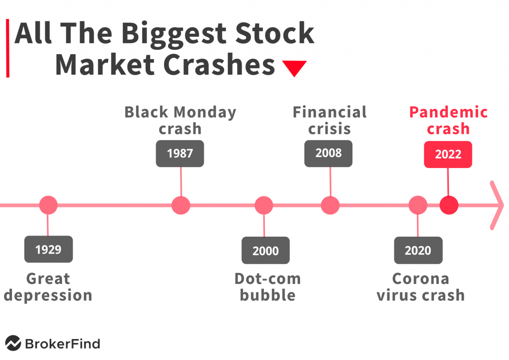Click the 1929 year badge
click(48, 249)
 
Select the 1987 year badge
click(180, 154)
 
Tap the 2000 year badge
click(265, 250)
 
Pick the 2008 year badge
click(328, 154)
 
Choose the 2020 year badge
click(418, 250)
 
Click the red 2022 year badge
click(448, 155)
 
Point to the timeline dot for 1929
click(48, 205)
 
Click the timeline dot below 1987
click(181, 205)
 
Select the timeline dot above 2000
click(264, 205)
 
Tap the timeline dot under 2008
click(330, 205)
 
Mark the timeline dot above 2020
click(418, 205)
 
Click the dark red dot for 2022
click(449, 205)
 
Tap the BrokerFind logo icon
click(13, 343)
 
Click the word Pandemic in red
click(448, 112)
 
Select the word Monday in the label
click(205, 113)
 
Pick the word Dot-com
click(268, 279)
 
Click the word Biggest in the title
click(173, 34)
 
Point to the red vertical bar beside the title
click(8, 48)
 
